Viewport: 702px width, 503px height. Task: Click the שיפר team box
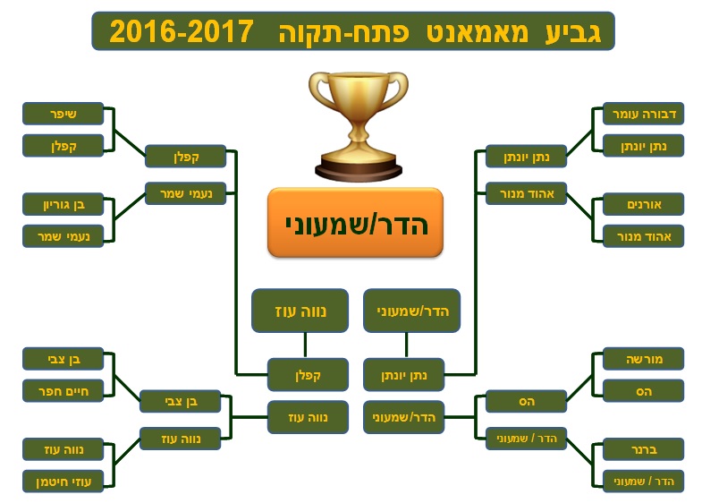click(x=63, y=114)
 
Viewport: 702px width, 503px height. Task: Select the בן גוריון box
click(x=63, y=205)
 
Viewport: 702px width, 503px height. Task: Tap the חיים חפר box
click(x=63, y=391)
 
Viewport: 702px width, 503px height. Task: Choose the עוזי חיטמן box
click(x=63, y=482)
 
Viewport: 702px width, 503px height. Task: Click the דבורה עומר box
click(x=643, y=114)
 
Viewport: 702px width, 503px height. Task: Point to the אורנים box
click(x=643, y=205)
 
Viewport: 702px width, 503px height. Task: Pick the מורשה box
click(x=643, y=359)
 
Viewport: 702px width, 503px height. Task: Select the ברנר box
click(x=643, y=449)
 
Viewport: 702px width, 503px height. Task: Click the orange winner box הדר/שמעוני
click(x=356, y=223)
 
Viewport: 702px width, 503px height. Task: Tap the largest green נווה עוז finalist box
click(x=300, y=311)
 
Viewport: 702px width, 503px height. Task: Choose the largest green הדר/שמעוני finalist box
click(x=412, y=311)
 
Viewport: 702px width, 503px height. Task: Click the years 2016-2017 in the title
click(x=182, y=31)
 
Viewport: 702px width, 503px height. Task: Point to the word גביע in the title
click(x=573, y=32)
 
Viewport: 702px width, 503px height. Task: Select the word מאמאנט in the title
click(x=478, y=32)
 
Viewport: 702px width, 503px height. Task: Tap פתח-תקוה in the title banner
click(x=343, y=32)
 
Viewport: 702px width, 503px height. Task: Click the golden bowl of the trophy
click(x=359, y=97)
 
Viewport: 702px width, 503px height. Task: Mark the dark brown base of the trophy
click(x=359, y=172)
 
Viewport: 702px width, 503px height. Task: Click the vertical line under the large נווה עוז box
click(x=305, y=345)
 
